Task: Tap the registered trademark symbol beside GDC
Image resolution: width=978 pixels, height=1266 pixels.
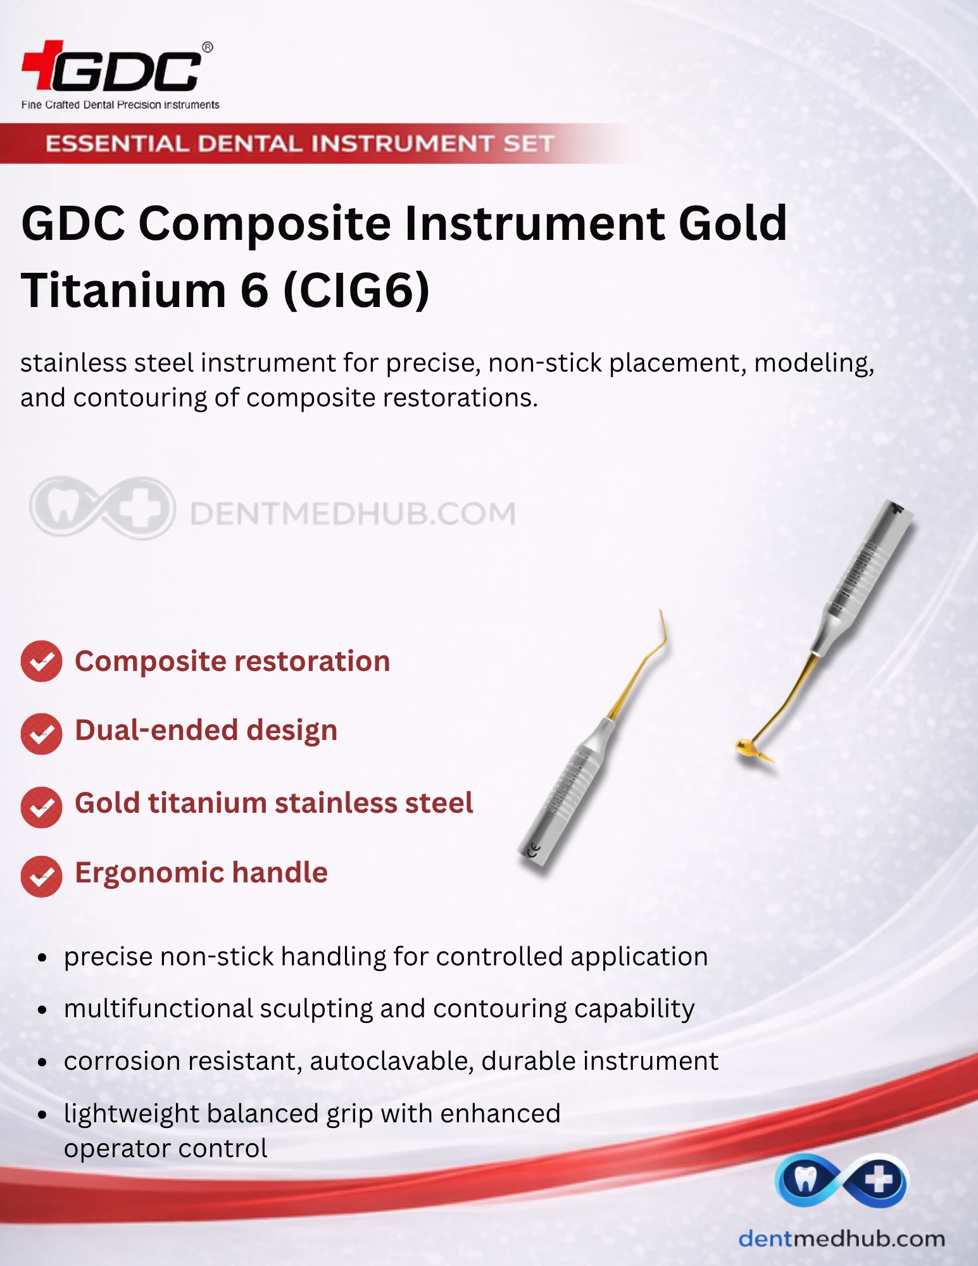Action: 207,47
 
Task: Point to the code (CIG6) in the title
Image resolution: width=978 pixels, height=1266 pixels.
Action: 356,291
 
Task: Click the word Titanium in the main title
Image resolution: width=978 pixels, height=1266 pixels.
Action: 123,291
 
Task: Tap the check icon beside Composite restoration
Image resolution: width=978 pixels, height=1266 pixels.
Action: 41,661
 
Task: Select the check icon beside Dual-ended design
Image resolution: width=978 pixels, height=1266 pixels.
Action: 41,734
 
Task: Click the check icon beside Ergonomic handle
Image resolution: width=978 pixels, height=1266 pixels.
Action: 41,877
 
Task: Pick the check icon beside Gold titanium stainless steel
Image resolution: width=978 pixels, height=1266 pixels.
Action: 41,807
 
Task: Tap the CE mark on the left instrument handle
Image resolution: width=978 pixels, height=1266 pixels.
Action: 534,851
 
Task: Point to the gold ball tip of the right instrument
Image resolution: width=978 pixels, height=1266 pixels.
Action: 746,748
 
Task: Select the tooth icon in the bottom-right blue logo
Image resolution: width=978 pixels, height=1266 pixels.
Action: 805,1179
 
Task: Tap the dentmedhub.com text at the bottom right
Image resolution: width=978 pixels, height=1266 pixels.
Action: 842,1239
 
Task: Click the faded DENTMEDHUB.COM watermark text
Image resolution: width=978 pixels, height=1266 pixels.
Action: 353,513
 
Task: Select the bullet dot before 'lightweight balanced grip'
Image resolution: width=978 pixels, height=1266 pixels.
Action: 42,1114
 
